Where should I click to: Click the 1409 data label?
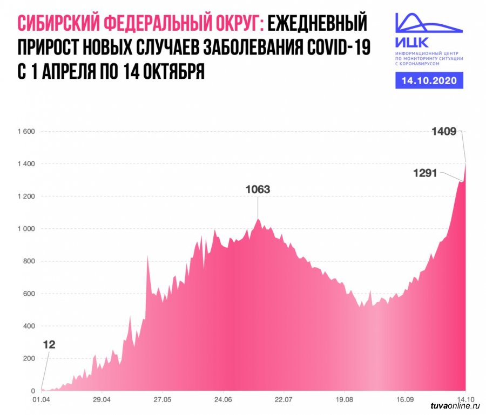pos(444,131)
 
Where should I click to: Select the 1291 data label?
pos(425,173)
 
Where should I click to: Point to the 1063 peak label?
pos(257,189)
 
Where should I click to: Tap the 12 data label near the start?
pos(49,344)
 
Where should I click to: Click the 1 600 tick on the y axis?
pos(26,132)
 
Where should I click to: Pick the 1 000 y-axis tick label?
pos(26,229)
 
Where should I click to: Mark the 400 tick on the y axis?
pos(28,326)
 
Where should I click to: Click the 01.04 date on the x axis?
pos(41,400)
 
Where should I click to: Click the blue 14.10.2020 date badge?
pos(429,80)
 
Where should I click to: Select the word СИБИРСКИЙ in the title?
pos(58,23)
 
